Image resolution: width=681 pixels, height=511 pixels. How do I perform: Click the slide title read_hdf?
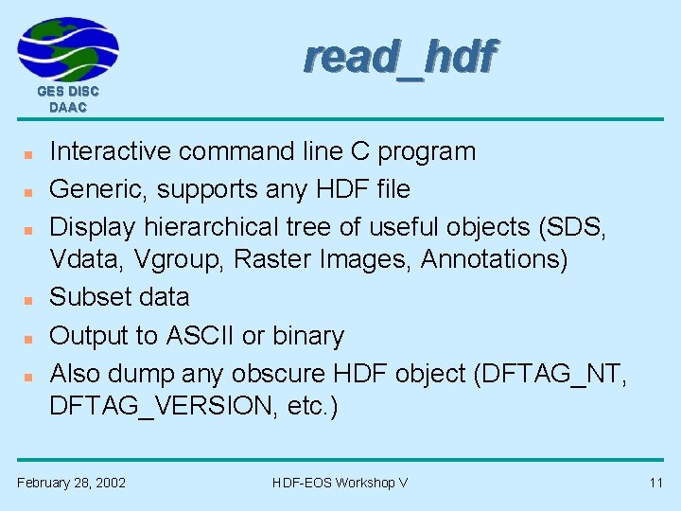click(398, 58)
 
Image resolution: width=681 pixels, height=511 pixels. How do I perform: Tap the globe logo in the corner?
click(68, 49)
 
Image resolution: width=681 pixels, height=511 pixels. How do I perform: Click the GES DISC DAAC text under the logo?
click(68, 99)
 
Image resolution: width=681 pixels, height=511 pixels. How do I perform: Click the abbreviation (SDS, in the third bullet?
click(580, 227)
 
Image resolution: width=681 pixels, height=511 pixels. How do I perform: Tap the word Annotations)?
click(494, 258)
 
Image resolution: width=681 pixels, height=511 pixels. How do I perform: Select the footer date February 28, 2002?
click(71, 483)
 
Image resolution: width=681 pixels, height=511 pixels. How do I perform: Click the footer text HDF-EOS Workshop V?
click(340, 483)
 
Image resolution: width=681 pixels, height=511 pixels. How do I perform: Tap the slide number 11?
click(655, 483)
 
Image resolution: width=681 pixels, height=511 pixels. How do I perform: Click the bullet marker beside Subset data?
click(29, 299)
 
